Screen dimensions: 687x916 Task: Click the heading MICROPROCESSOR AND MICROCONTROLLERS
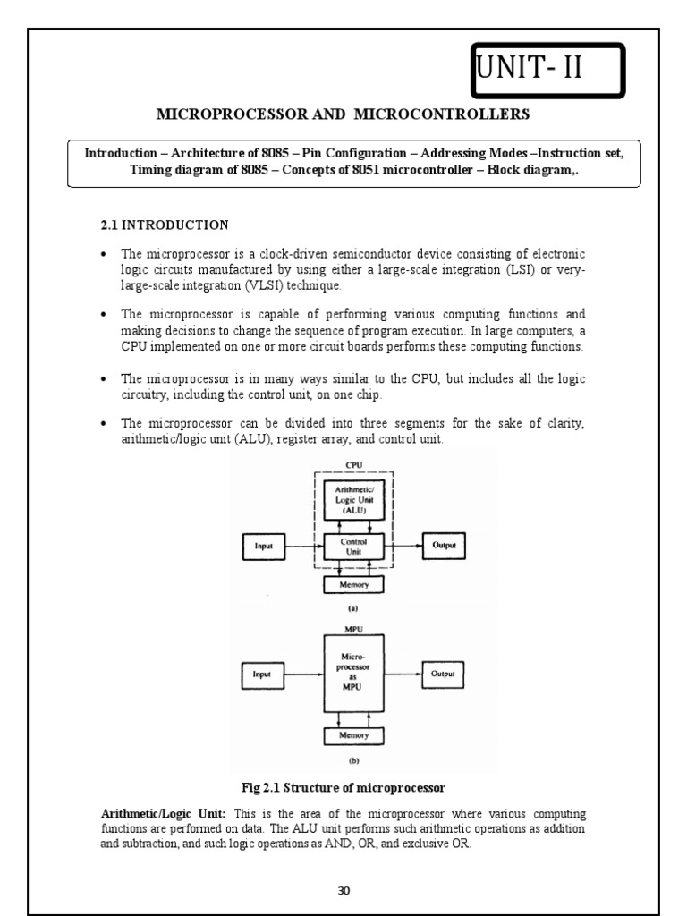[x=343, y=114]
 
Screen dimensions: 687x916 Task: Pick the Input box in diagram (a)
[x=264, y=547]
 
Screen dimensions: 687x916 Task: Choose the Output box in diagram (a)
[x=444, y=547]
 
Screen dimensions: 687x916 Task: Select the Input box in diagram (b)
[x=264, y=674]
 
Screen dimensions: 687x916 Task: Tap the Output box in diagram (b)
[x=444, y=674]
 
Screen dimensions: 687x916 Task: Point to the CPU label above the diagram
[x=352, y=465]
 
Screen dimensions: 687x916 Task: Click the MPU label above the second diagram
[x=352, y=629]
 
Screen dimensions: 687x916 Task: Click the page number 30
[x=344, y=890]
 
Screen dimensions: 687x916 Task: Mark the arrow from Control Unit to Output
[x=402, y=547]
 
